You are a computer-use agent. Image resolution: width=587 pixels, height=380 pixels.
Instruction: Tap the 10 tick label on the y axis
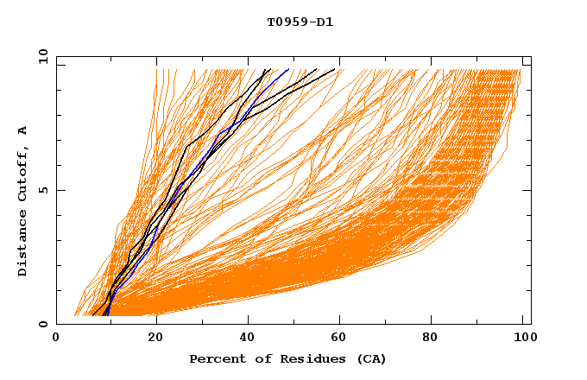41,56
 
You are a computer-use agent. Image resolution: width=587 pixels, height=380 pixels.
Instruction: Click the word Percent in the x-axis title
215,358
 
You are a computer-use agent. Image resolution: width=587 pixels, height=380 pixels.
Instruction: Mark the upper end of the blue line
288,69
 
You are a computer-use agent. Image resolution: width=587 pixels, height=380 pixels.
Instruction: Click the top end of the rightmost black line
335,69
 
